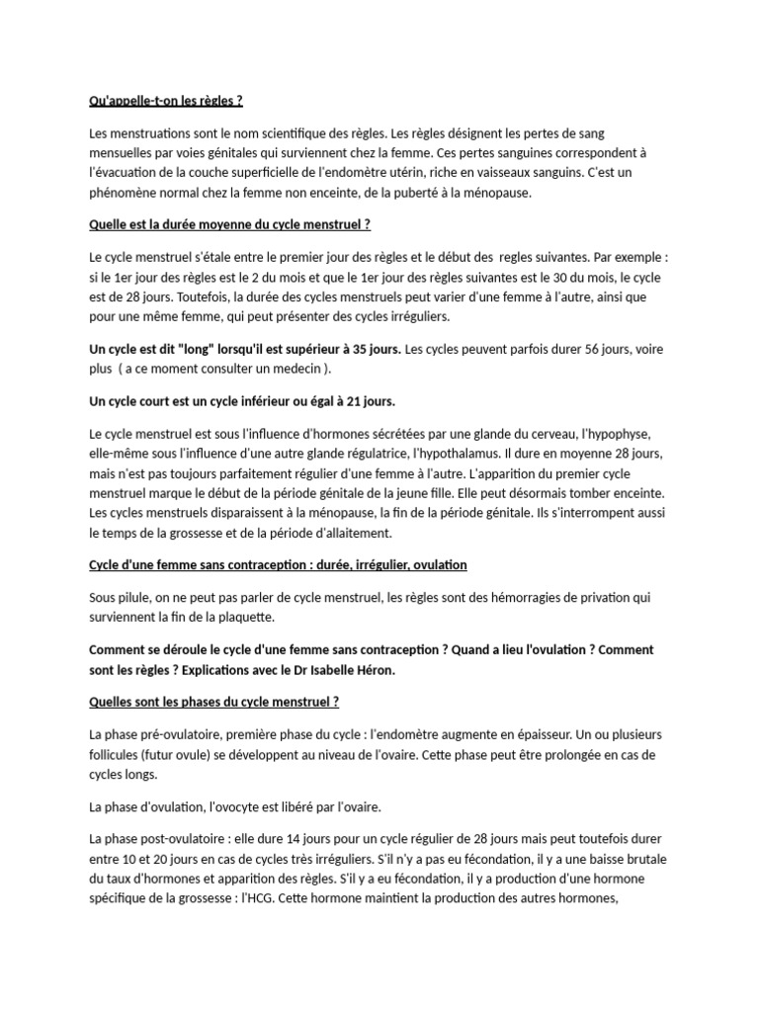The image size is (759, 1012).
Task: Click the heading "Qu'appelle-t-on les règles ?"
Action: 166,101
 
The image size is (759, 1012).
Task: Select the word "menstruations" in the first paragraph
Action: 145,133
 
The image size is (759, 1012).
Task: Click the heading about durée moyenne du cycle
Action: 229,225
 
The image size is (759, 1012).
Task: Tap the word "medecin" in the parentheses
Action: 295,369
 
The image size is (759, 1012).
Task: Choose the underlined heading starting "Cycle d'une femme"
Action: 278,565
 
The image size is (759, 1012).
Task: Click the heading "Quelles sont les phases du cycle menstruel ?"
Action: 214,703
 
